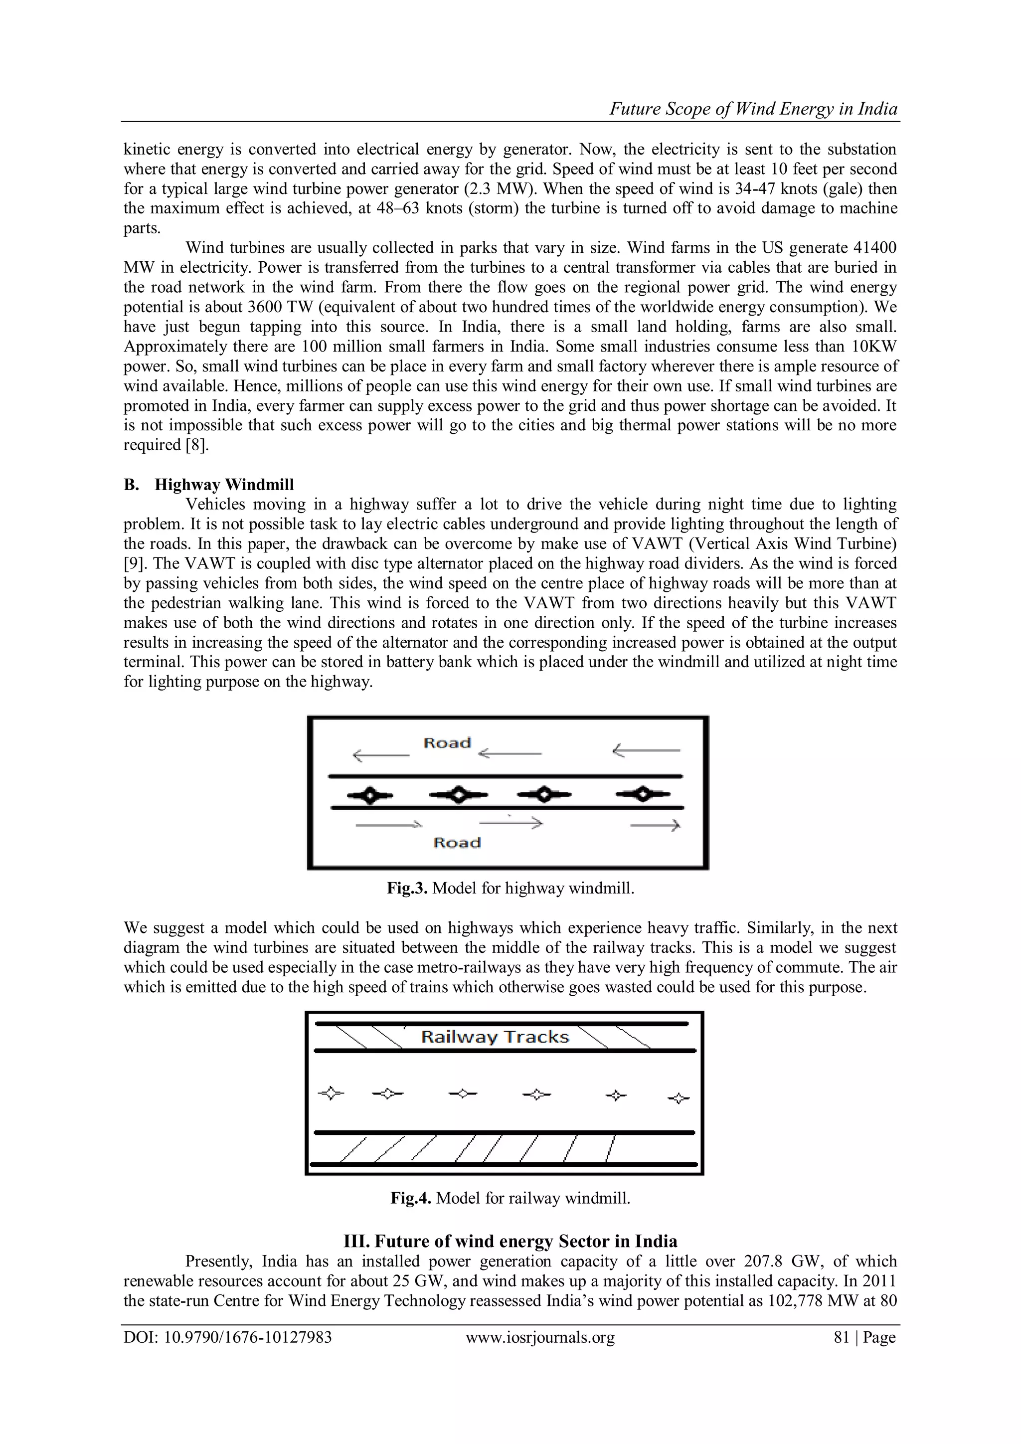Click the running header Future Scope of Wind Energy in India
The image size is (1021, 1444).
point(753,109)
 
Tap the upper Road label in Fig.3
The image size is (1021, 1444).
point(447,743)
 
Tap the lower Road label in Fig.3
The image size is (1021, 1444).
point(457,842)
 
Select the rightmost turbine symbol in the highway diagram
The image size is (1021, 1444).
point(643,794)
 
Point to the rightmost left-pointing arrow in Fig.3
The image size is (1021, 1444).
point(646,750)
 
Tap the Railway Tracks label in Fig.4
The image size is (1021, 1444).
point(495,1037)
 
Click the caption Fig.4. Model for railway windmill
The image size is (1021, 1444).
point(510,1198)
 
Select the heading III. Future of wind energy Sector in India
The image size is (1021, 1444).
point(510,1241)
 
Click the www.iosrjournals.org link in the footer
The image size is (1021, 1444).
point(540,1338)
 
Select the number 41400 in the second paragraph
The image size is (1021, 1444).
point(875,247)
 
